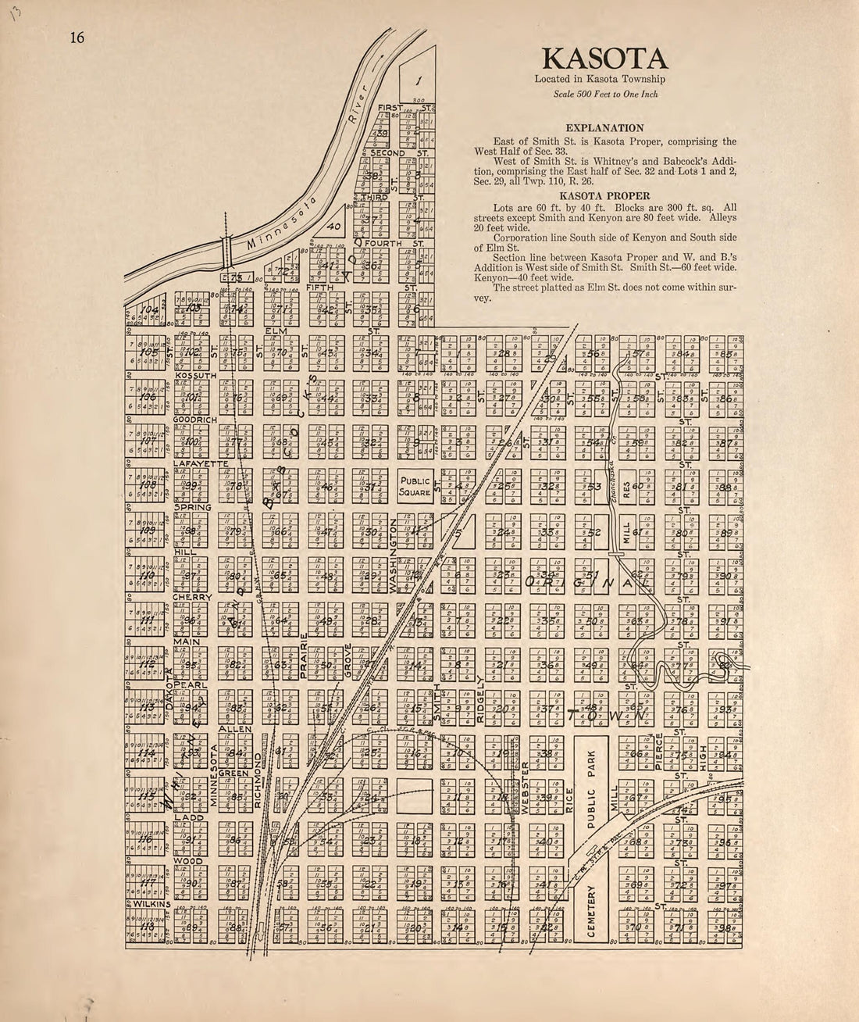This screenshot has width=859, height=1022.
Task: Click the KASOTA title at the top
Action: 605,59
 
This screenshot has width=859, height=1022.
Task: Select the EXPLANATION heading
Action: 605,128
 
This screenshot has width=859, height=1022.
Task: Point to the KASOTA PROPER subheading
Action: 605,196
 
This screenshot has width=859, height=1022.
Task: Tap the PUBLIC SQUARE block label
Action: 415,487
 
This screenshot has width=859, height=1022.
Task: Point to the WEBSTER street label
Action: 526,784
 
